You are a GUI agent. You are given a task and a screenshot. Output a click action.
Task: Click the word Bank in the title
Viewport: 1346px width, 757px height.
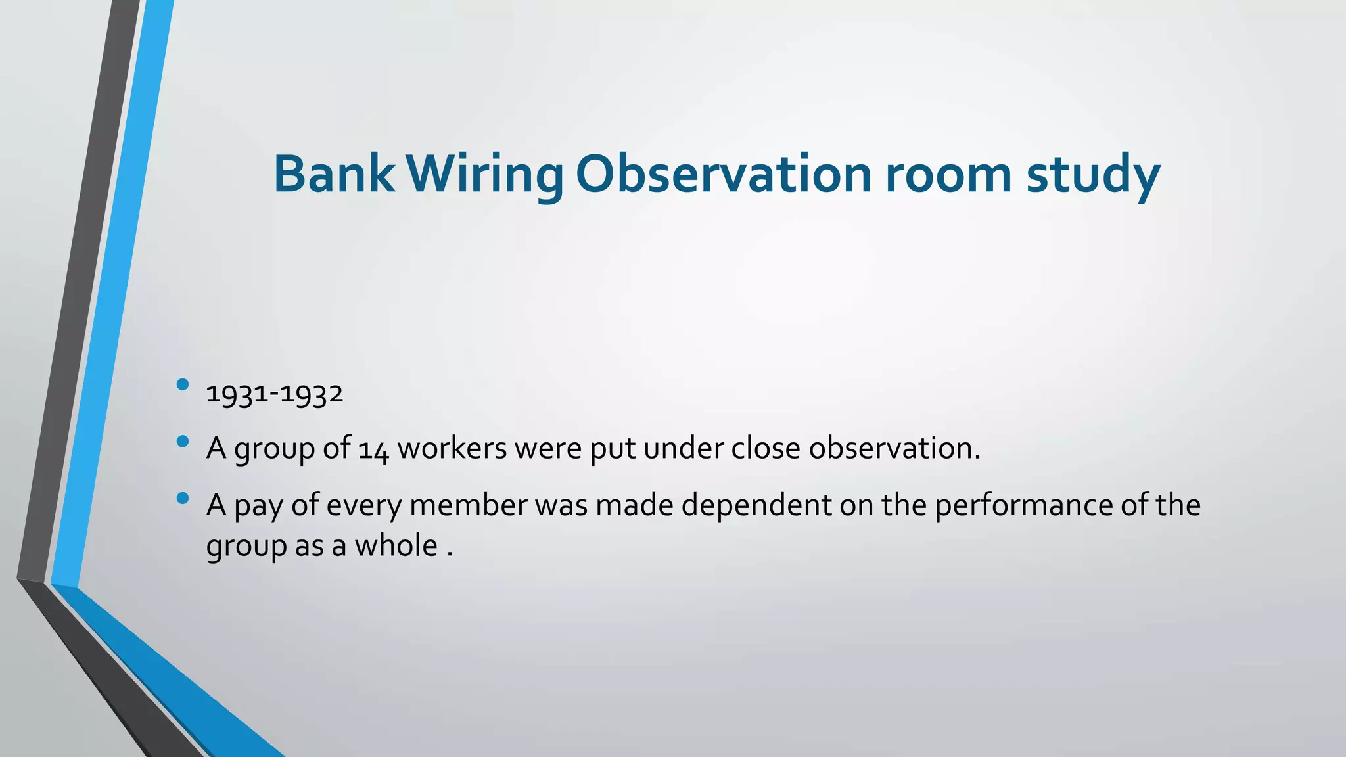point(334,174)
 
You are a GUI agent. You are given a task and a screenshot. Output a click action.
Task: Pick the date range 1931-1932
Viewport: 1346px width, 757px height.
point(275,394)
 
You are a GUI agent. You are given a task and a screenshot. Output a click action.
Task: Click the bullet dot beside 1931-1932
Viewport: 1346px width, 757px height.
point(183,384)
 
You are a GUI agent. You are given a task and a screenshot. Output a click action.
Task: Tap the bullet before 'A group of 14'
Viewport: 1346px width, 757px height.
point(183,441)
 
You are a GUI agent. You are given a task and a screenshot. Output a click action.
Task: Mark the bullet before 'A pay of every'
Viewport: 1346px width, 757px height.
point(183,498)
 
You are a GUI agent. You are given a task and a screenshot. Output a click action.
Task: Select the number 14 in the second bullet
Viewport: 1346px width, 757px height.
point(374,449)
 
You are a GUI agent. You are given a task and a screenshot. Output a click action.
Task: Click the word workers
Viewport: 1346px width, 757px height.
point(452,448)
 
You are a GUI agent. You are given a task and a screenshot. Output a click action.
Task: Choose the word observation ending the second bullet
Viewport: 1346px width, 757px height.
point(894,448)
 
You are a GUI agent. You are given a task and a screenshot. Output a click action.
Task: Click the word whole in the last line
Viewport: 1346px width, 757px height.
point(396,545)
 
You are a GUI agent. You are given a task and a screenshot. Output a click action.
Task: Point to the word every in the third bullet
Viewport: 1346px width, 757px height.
point(363,506)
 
